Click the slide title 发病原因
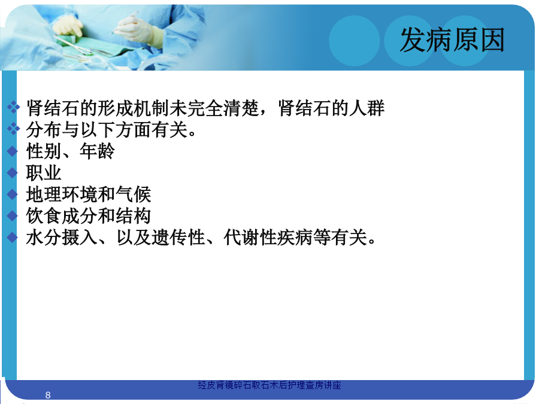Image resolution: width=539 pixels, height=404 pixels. coord(452,40)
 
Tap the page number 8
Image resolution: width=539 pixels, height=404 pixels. coord(48,395)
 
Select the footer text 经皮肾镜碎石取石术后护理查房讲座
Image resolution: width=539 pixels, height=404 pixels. coord(269,385)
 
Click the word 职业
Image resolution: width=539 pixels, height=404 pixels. coord(44,173)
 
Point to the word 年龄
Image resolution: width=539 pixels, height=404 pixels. coord(97,151)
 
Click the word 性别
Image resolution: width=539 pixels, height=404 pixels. coord(44,151)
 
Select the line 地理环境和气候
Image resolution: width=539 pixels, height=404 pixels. coord(89,195)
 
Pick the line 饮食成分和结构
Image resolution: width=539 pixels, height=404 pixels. coord(89,216)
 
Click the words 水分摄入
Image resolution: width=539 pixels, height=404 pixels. coord(62,238)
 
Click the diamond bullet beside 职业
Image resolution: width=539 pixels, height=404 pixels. coord(13,173)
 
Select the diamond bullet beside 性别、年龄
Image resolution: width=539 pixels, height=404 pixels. coord(13,151)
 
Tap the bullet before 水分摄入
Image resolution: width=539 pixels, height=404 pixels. coord(13,238)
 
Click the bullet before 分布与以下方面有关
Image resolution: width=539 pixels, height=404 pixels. coord(13,129)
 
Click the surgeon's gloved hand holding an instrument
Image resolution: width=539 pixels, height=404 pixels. coord(138,29)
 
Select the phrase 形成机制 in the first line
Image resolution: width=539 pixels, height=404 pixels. coord(133,108)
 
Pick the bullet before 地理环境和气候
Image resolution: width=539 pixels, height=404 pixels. coord(13,195)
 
